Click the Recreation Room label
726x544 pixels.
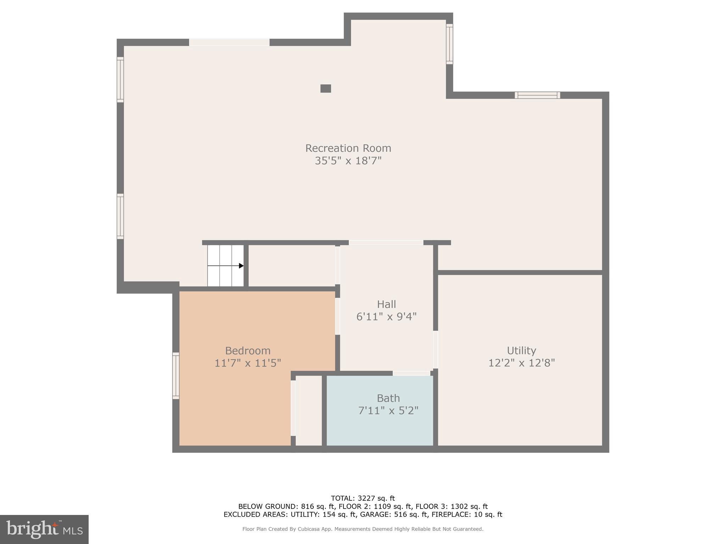(x=348, y=148)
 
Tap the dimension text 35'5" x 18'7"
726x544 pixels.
(x=348, y=161)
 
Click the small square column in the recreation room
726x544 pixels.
(x=325, y=89)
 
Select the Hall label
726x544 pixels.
(x=386, y=304)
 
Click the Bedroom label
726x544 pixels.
(x=248, y=351)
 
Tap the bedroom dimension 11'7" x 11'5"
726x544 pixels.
(x=248, y=363)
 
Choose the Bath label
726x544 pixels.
(x=388, y=398)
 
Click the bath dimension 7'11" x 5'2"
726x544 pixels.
(x=388, y=411)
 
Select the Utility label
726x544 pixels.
(x=521, y=351)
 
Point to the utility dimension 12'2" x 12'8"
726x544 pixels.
(x=521, y=363)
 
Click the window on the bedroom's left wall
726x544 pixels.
(x=176, y=375)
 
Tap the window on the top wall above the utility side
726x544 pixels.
(x=537, y=95)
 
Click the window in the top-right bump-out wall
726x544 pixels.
(x=449, y=44)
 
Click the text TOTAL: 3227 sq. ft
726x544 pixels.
(x=363, y=498)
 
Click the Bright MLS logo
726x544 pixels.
(x=44, y=529)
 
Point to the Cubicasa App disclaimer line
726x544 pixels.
(x=363, y=529)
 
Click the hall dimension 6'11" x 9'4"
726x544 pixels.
(x=386, y=317)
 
